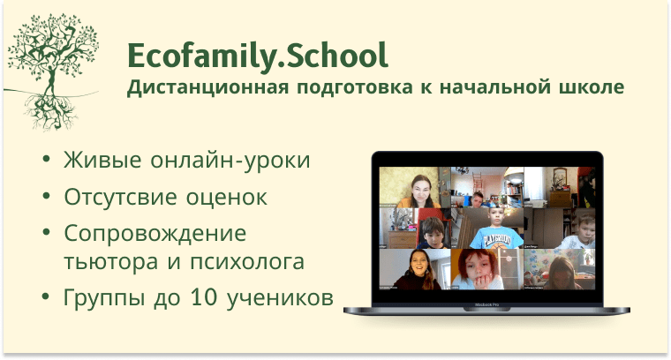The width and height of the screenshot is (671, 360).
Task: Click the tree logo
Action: [x=51, y=71]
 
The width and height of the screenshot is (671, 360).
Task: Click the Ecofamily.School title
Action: [x=258, y=56]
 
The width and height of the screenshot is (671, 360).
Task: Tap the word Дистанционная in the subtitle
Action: [x=208, y=87]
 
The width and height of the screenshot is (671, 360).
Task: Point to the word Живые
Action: [x=102, y=160]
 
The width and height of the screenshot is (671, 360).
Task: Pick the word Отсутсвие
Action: [x=120, y=197]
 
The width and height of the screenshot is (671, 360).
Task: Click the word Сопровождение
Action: [x=155, y=235]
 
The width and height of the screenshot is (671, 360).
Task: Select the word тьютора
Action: [x=111, y=262]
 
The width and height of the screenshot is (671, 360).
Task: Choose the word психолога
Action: [x=247, y=262]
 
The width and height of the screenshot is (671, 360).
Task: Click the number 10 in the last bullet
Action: [x=204, y=296]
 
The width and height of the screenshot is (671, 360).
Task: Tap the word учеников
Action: [x=280, y=297]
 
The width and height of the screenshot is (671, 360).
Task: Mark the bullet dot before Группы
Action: [x=46, y=296]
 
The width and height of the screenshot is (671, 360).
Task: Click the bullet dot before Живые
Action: [x=46, y=159]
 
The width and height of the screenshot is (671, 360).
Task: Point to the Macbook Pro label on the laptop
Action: [x=486, y=304]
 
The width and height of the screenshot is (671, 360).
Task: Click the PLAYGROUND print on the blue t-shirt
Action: [x=496, y=238]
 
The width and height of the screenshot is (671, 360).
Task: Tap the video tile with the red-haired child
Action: [x=487, y=269]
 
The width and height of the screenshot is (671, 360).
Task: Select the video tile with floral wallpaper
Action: [x=559, y=269]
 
